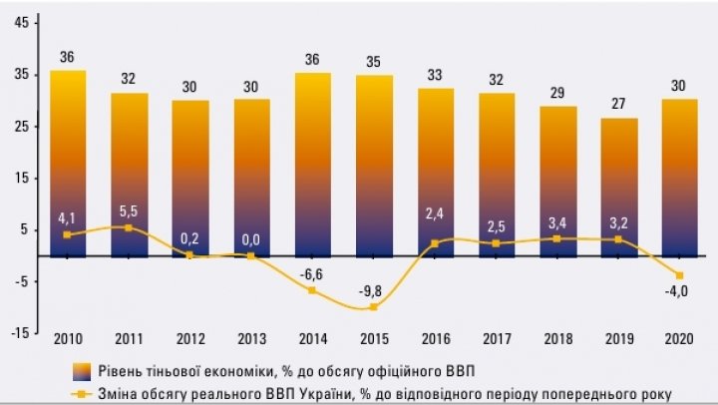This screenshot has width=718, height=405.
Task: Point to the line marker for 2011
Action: [128, 227]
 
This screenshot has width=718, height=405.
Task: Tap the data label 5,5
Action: [128, 212]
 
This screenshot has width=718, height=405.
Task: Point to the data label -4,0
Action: [681, 292]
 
